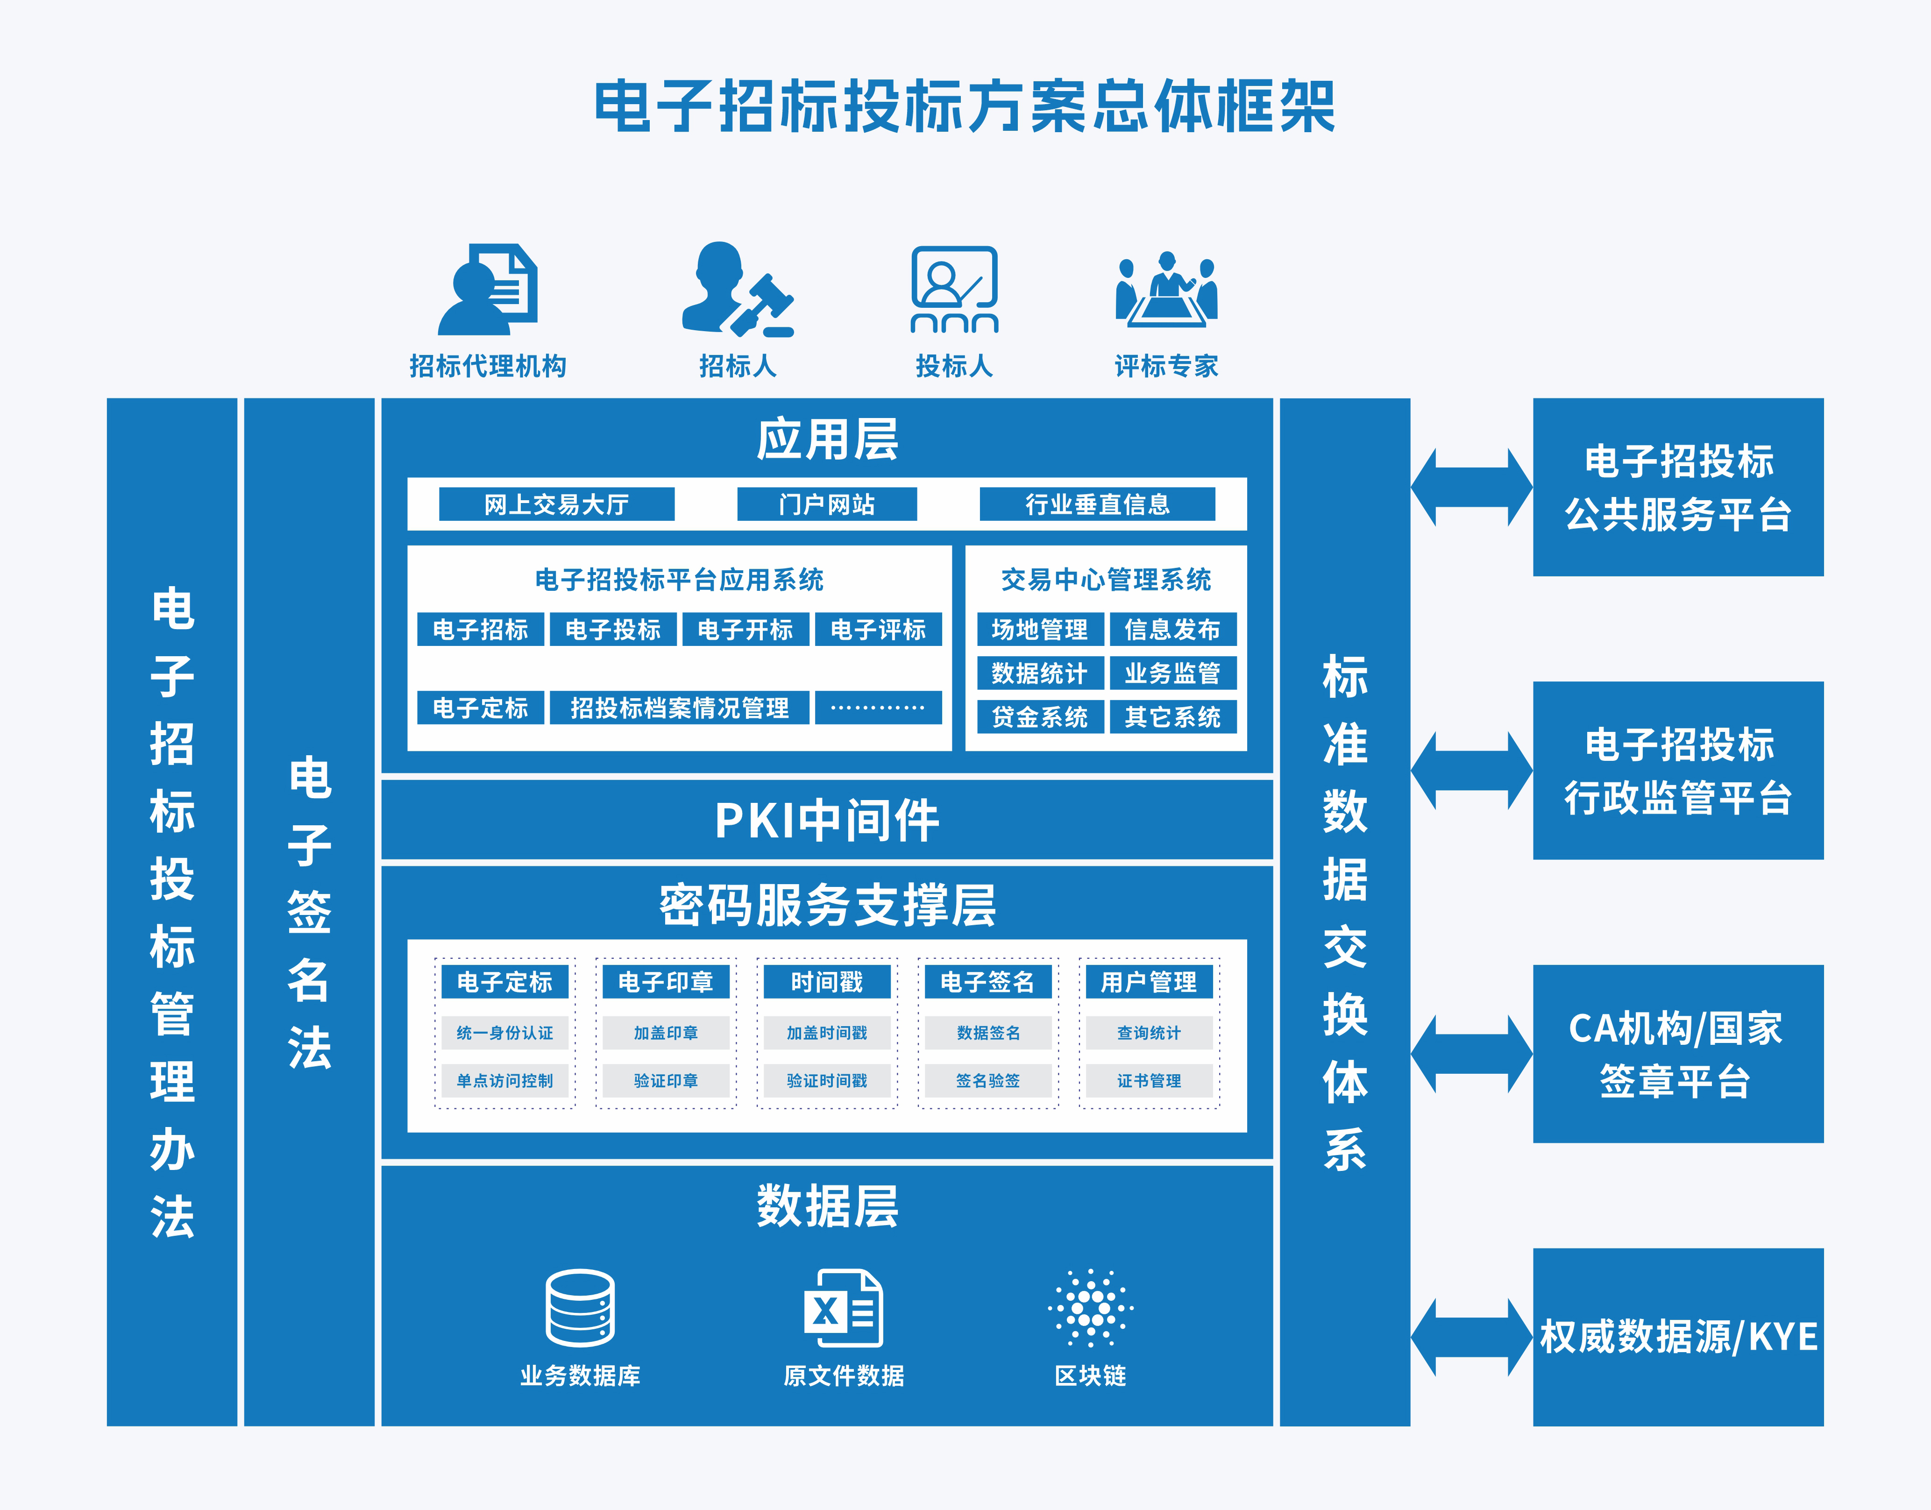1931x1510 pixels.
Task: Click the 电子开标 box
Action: tap(745, 630)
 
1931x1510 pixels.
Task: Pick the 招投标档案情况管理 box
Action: tap(679, 707)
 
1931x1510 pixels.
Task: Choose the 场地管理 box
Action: tap(1040, 630)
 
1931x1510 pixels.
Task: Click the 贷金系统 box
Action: tap(1040, 716)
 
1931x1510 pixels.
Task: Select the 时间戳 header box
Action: tap(827, 981)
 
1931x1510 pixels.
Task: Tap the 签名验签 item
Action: tap(987, 1080)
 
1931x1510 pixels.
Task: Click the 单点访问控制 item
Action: tap(505, 1080)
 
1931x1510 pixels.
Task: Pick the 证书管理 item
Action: tap(1149, 1080)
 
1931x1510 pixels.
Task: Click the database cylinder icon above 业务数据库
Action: tap(580, 1308)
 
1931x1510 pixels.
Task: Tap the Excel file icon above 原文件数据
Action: tap(844, 1308)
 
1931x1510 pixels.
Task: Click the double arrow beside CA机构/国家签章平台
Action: tap(1471, 1054)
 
